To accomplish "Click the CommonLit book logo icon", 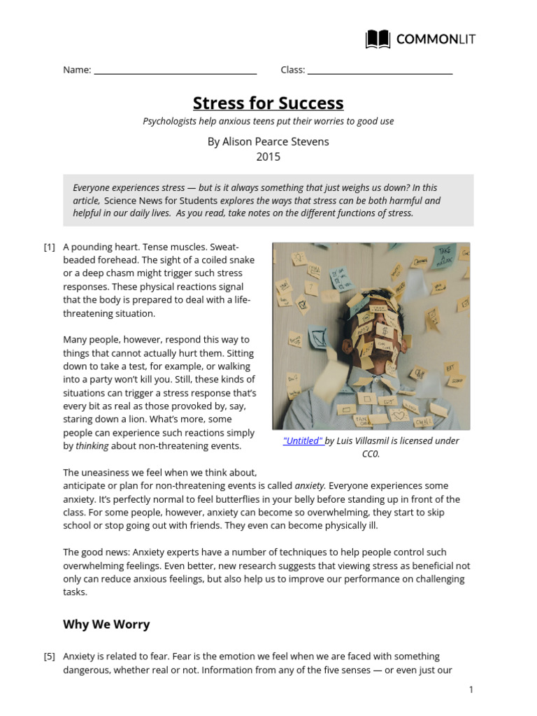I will (378, 39).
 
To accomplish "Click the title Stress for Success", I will (268, 103).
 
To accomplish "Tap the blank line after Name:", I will (175, 71).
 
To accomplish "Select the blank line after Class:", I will (380, 71).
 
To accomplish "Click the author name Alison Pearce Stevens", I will (268, 141).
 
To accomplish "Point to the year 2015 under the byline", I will (268, 157).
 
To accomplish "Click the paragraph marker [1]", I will (49, 247).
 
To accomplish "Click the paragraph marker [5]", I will (49, 656).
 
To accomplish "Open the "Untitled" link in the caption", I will (303, 441).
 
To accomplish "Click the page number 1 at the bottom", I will (471, 689).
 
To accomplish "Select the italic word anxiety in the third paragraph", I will (310, 485).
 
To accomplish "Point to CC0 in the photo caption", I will (370, 454).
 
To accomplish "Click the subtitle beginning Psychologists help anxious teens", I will (268, 121).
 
